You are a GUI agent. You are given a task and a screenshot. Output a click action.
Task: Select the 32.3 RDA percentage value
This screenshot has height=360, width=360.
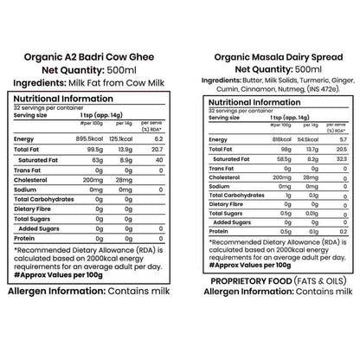pyautogui.click(x=321, y=161)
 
